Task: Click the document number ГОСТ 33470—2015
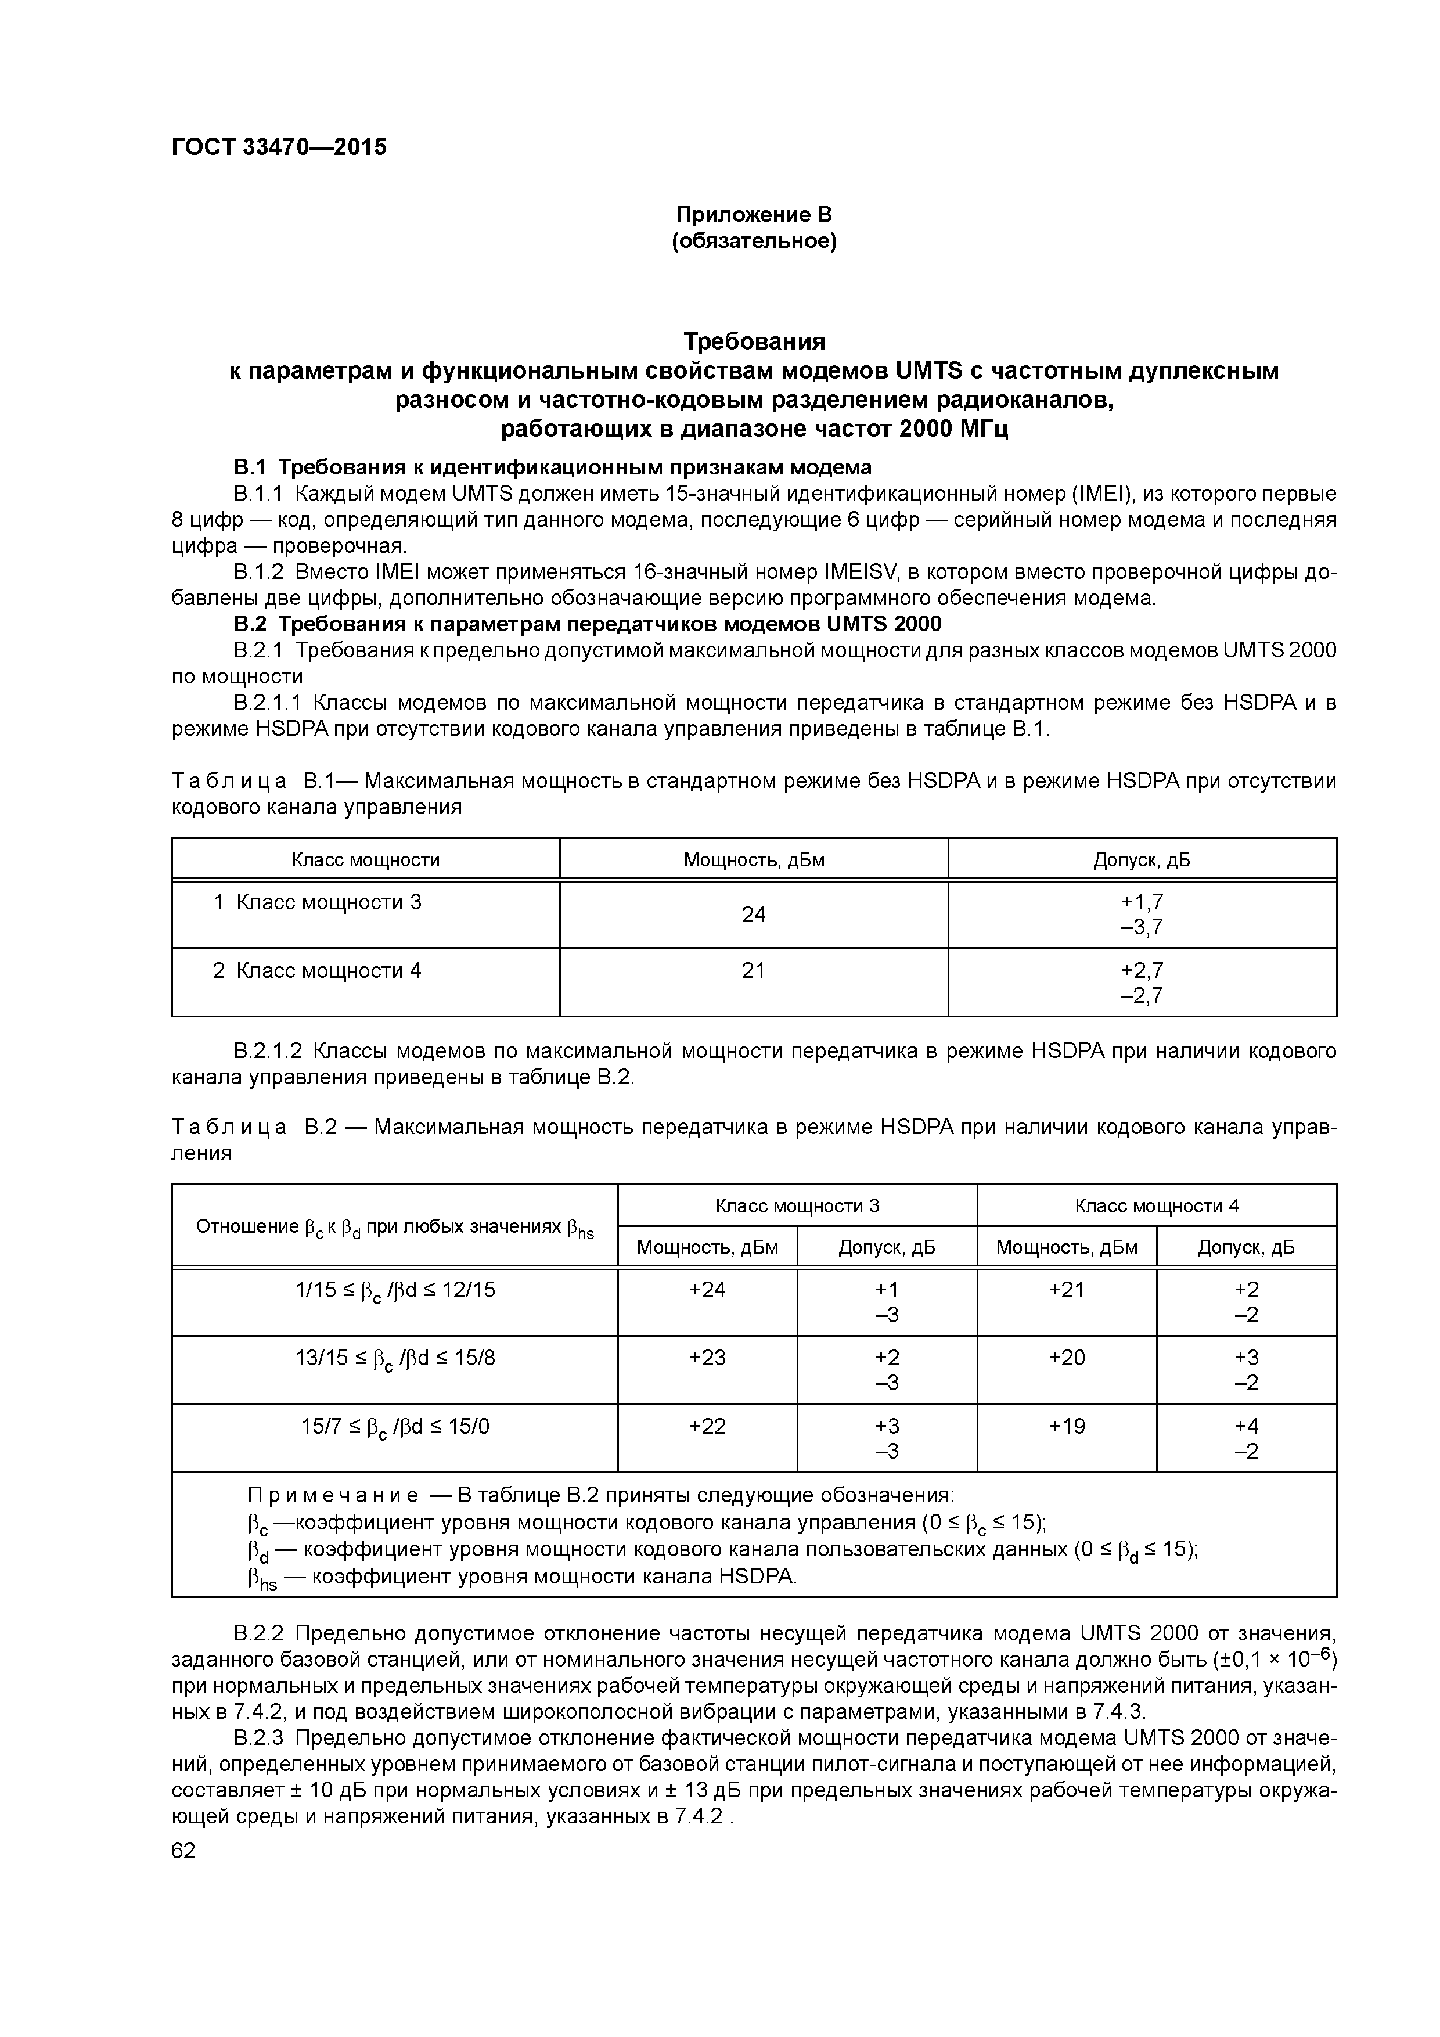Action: click(x=279, y=147)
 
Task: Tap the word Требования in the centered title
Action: click(x=753, y=341)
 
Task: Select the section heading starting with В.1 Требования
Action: click(x=552, y=467)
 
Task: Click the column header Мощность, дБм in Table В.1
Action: click(x=753, y=860)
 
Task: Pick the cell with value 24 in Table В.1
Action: click(x=753, y=915)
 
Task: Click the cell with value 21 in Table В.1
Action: click(x=753, y=970)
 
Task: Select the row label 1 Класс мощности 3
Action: click(x=317, y=902)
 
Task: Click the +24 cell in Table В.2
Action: click(x=707, y=1290)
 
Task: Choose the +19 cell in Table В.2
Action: click(x=1067, y=1427)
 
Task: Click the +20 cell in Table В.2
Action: click(x=1067, y=1358)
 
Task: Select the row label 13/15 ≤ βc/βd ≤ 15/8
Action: click(x=395, y=1358)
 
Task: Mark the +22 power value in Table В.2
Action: click(x=707, y=1427)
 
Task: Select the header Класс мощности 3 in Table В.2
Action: click(x=797, y=1205)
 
